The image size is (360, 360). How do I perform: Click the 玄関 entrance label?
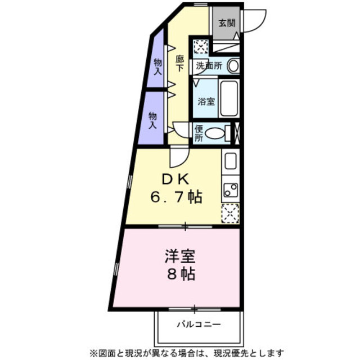227,23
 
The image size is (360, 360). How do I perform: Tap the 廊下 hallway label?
179,64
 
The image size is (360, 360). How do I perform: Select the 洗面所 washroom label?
209,66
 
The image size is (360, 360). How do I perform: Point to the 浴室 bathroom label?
206,101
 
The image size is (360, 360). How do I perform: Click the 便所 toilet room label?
199,134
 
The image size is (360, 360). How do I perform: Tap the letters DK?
175,180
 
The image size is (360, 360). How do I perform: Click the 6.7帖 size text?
176,197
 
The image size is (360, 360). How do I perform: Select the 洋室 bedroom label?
180,256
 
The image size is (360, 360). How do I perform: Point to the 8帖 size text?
181,274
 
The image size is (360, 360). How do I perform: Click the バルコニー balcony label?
199,324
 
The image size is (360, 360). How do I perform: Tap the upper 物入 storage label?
157,67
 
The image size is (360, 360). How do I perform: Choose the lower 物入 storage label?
152,120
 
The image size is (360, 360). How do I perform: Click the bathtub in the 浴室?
229,98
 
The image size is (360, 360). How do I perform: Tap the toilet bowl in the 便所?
214,134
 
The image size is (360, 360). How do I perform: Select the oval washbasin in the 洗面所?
233,66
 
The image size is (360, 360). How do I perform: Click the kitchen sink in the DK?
231,161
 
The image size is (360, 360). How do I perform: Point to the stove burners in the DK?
231,190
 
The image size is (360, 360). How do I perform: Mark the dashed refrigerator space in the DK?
230,213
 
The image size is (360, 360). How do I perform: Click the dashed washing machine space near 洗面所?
201,47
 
